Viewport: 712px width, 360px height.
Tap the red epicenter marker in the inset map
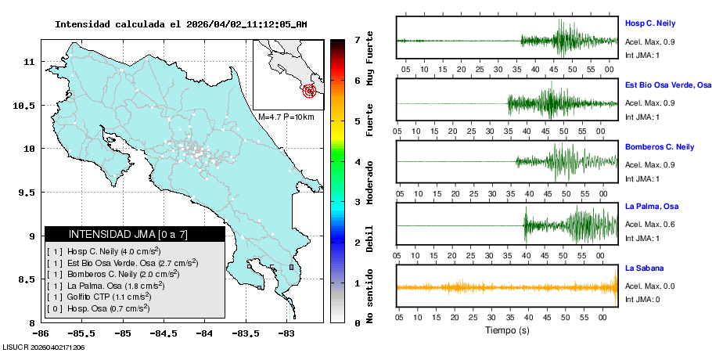pyautogui.click(x=310, y=91)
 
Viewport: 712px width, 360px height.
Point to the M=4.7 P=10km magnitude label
pyautogui.click(x=286, y=117)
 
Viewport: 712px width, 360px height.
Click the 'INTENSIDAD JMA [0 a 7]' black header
pyautogui.click(x=135, y=234)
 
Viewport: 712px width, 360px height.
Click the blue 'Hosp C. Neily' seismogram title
pyautogui.click(x=650, y=23)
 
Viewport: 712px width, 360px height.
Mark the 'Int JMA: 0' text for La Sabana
pyautogui.click(x=642, y=299)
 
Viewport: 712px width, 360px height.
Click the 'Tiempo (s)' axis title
pyautogui.click(x=505, y=330)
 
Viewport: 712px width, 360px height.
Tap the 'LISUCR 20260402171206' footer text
pyautogui.click(x=44, y=347)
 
